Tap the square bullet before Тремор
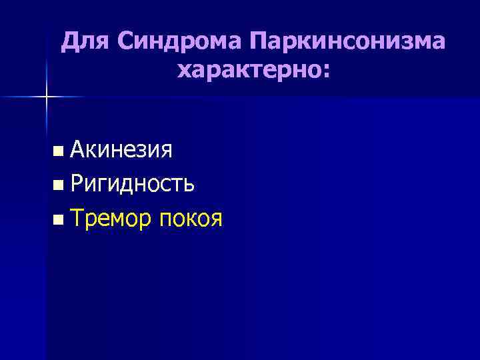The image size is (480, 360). (60, 218)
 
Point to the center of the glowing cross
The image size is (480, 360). (47, 97)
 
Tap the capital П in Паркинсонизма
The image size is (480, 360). (260, 43)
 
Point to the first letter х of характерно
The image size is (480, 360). (184, 69)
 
